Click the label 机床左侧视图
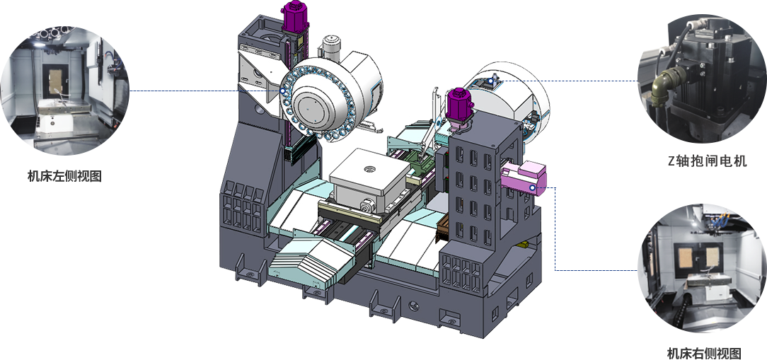[64, 176]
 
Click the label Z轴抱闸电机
[708, 161]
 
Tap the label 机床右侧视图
[704, 353]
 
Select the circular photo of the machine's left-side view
[64, 90]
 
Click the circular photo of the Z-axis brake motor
[703, 79]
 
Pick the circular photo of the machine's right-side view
[703, 269]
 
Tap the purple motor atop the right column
[459, 104]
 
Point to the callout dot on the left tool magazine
[282, 91]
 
